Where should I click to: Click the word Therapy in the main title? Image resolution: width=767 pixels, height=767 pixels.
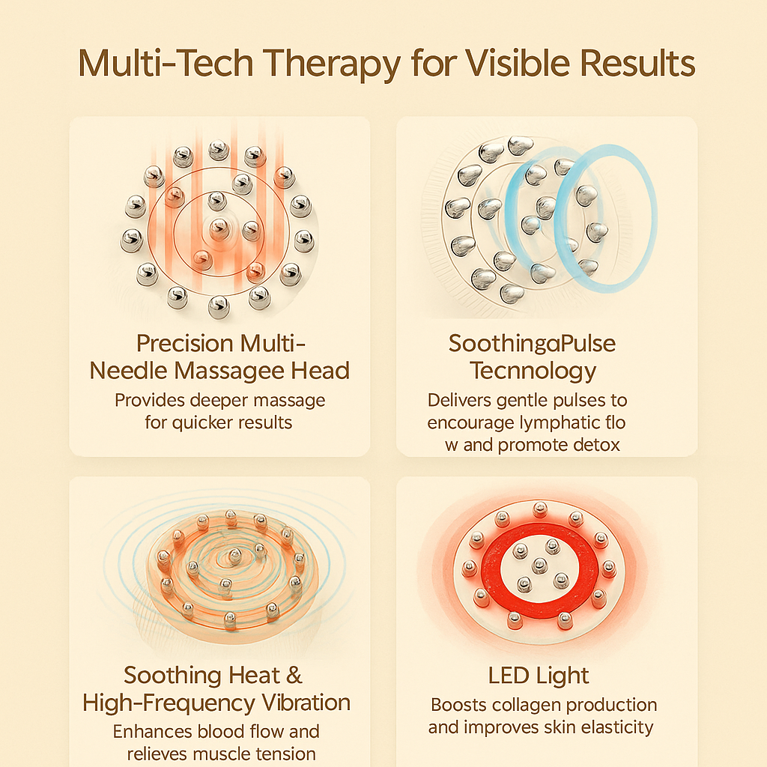pyautogui.click(x=328, y=64)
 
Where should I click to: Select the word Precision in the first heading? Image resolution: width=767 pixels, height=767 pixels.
pyautogui.click(x=185, y=344)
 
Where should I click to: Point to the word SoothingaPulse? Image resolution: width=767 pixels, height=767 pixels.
pyautogui.click(x=532, y=344)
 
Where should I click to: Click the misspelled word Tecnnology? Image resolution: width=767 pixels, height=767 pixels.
pyautogui.click(x=533, y=370)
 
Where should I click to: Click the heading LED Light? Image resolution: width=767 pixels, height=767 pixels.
pyautogui.click(x=539, y=676)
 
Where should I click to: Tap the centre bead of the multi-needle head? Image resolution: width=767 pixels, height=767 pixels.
pyautogui.click(x=218, y=227)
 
